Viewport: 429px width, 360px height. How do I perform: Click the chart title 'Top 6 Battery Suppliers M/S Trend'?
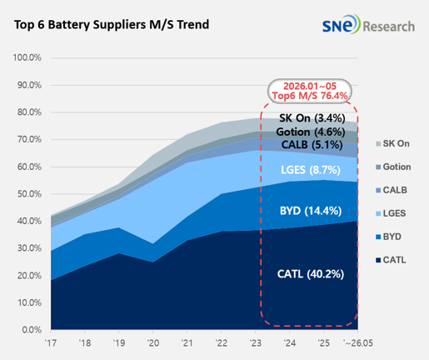112,24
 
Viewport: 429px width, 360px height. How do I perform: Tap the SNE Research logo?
368,24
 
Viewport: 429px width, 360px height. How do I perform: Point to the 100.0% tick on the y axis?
27,57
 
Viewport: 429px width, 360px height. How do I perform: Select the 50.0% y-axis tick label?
29,194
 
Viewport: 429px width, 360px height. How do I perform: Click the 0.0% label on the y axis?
32,330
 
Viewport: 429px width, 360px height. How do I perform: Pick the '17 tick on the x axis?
51,343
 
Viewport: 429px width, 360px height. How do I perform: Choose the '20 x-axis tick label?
153,343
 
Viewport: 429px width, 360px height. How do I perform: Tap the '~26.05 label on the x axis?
358,343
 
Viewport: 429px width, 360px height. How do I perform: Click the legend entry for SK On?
392,143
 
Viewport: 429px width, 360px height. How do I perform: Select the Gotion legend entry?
393,167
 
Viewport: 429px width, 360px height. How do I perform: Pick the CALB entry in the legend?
392,190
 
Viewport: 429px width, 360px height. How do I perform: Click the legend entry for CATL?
391,260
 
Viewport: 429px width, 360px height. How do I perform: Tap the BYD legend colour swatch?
378,237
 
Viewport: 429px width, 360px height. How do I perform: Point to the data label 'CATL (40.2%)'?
311,274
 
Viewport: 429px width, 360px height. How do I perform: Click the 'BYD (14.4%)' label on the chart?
311,211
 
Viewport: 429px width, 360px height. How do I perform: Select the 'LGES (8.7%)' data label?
311,170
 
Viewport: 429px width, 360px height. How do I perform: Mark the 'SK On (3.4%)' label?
312,118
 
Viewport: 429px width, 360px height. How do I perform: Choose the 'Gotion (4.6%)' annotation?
311,132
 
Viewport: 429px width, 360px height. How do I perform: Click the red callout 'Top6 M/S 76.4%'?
310,96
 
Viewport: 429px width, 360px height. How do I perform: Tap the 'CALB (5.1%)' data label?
312,145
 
